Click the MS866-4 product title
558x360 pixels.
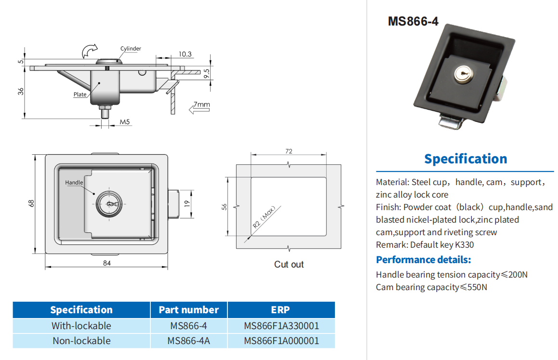413,21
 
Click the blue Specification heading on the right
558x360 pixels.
465,159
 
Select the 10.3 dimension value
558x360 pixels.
185,54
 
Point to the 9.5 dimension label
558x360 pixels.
207,74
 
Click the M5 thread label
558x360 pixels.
125,122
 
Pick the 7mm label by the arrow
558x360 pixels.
202,104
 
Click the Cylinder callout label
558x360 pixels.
131,49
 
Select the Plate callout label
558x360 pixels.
80,94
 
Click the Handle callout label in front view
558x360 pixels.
74,183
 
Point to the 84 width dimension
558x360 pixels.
106,263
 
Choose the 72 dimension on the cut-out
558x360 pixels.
289,151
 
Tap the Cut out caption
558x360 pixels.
289,265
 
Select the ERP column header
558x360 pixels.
281,310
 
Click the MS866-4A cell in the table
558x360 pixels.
188,341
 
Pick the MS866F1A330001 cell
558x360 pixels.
281,326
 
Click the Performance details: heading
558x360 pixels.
423,260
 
